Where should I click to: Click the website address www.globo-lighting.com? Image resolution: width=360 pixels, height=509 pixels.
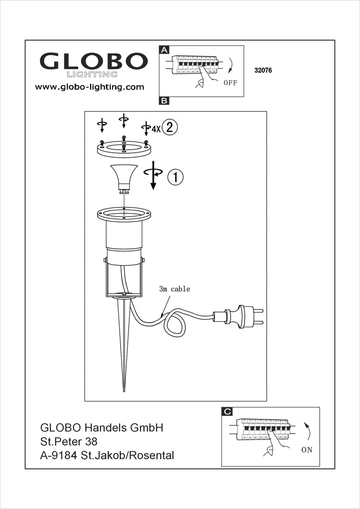(x=90, y=87)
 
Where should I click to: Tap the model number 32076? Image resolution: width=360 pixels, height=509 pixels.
(x=263, y=72)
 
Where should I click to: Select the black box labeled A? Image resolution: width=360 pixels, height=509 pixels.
(x=164, y=50)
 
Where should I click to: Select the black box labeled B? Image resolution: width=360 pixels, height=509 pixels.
(x=164, y=101)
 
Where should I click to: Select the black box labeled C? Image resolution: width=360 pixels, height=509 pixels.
(x=228, y=411)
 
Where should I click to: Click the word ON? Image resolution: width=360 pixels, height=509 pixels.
(x=307, y=450)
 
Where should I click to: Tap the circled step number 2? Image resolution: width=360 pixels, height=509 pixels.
(x=171, y=128)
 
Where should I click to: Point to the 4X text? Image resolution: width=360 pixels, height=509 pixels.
(x=156, y=129)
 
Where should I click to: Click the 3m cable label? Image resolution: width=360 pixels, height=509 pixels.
(x=174, y=289)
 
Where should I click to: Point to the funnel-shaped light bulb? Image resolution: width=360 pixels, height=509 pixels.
(x=124, y=178)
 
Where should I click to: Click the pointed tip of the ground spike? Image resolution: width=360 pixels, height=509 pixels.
(x=125, y=390)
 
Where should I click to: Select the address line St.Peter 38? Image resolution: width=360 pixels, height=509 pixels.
(x=69, y=441)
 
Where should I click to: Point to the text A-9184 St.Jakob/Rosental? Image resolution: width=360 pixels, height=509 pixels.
(x=107, y=455)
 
